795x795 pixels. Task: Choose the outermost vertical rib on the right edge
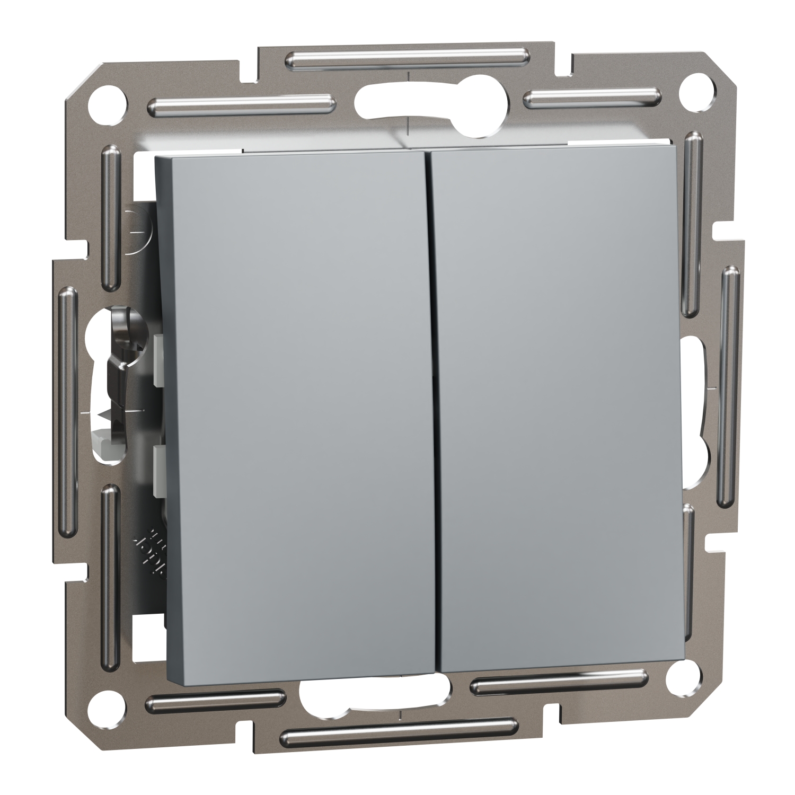pyautogui.click(x=729, y=387)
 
